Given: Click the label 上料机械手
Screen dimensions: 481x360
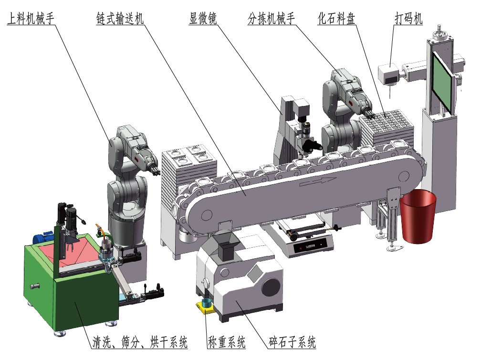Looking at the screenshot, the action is pos(31,18).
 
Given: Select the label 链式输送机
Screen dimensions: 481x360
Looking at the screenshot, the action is pos(120,18).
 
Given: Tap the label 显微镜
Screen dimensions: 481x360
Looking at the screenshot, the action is pos(203,18).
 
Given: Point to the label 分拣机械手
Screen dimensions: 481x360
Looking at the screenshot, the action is pos(271,18).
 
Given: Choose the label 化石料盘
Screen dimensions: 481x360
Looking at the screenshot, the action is pos(336,18).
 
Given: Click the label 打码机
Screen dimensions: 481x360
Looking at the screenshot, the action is pos(408,18).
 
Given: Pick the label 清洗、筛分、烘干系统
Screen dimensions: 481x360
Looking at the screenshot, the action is pos(140,342).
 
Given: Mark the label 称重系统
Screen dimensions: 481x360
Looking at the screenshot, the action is pos(226,342).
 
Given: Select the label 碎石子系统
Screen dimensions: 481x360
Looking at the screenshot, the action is pos(292,342).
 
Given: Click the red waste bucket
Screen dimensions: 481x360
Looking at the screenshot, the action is pos(418,216).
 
